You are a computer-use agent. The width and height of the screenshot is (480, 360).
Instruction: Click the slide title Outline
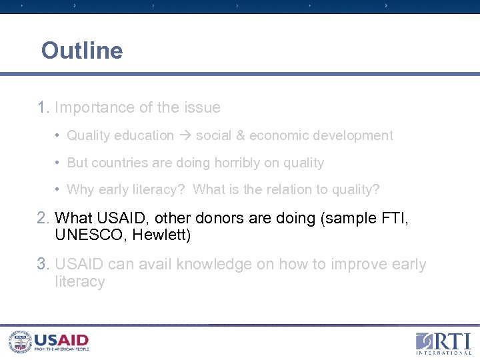tap(82, 51)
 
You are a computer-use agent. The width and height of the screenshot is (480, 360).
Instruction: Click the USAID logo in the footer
tap(49, 342)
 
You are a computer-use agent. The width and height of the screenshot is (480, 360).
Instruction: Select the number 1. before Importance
tap(44, 107)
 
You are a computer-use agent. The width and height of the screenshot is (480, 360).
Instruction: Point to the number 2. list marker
tap(44, 218)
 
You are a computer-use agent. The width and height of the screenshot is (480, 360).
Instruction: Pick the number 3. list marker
tap(44, 265)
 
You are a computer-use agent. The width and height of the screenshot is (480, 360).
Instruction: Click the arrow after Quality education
tap(185, 136)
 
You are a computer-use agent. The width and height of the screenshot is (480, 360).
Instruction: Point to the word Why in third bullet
tap(81, 190)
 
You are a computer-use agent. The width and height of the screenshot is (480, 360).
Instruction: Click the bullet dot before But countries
tap(59, 163)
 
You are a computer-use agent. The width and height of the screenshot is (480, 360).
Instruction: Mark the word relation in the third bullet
tap(292, 190)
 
